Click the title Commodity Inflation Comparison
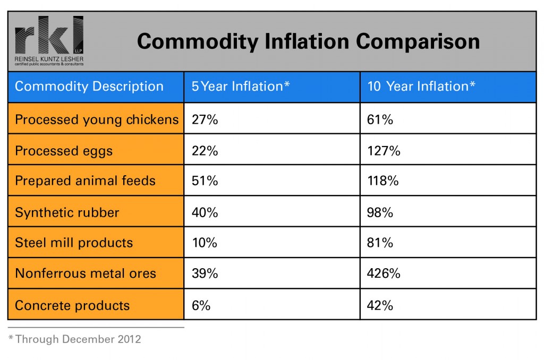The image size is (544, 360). click(x=308, y=41)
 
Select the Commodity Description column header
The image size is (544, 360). click(x=89, y=87)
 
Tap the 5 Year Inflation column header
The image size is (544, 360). click(x=241, y=87)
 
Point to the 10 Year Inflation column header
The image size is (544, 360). click(x=421, y=87)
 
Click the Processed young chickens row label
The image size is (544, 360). click(x=97, y=119)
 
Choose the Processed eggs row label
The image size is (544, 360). click(x=64, y=151)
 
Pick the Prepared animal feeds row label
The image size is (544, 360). click(x=85, y=181)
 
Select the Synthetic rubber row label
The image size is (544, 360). click(x=67, y=212)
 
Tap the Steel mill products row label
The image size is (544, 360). click(x=74, y=243)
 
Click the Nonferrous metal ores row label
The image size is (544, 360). click(x=86, y=273)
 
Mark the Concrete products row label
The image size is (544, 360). click(x=72, y=305)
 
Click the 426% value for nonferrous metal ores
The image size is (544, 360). click(x=384, y=273)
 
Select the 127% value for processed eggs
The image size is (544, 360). click(x=384, y=151)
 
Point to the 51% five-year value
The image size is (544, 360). click(x=205, y=181)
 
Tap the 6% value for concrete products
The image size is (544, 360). click(x=201, y=305)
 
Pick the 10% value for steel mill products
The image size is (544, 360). click(x=205, y=243)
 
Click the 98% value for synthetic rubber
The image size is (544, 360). click(x=380, y=212)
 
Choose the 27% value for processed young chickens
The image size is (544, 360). click(x=205, y=119)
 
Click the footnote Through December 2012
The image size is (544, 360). click(x=75, y=339)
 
